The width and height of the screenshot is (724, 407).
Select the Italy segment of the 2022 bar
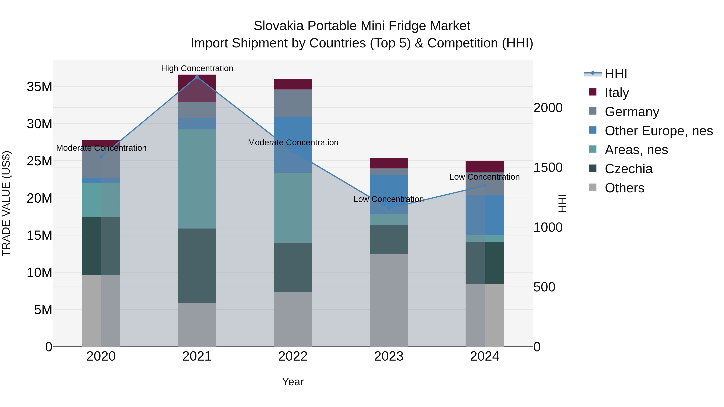point(293,84)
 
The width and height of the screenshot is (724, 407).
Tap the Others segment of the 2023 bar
point(389,300)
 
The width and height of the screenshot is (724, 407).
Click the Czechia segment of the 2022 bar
point(293,267)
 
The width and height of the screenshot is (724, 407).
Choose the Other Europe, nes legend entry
point(658,131)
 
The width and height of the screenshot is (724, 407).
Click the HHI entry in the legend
point(616,74)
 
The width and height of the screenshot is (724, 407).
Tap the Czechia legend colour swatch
point(592,168)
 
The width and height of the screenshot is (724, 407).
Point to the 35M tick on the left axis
point(39,86)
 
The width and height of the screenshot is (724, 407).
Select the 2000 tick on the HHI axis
point(548,108)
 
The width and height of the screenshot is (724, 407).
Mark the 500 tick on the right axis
point(544,287)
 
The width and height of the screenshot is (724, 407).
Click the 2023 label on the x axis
point(389,356)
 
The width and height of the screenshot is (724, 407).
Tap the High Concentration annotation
point(197,68)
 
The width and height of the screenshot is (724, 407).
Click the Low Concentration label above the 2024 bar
point(484,177)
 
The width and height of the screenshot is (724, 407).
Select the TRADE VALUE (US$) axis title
point(6,203)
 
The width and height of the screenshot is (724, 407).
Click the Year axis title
point(293,382)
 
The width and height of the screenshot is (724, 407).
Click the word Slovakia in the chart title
point(279,26)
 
